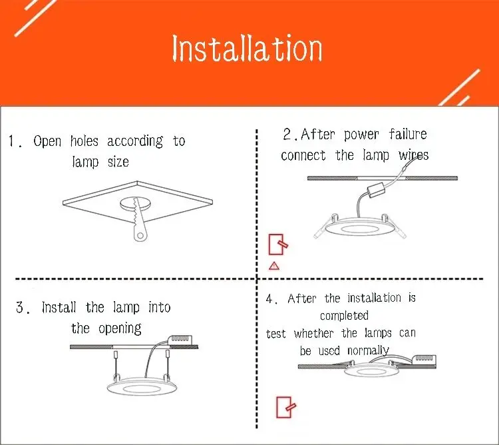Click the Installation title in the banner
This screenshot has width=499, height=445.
[x=247, y=49]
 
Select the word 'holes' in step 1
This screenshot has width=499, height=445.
[x=83, y=141]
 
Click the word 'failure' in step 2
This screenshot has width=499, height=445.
[x=408, y=135]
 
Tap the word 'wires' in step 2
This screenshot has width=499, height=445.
[x=414, y=155]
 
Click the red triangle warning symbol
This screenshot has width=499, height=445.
[x=273, y=266]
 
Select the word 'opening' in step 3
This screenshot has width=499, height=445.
[x=120, y=328]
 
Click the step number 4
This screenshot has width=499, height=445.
[x=271, y=300]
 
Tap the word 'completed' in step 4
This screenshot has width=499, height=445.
[x=344, y=315]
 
